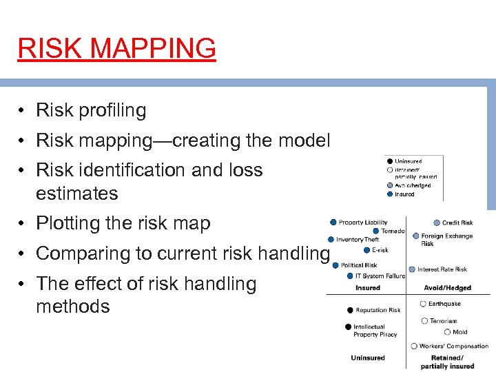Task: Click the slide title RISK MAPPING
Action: point(116,49)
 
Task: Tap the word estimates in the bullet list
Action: point(76,194)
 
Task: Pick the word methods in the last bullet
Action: point(72,307)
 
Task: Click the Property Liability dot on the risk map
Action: point(333,223)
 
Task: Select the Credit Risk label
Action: point(457,223)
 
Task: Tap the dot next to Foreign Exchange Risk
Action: point(415,236)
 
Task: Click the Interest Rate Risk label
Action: point(442,269)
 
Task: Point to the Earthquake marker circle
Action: point(422,304)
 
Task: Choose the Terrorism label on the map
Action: point(443,321)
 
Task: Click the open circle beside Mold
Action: point(447,332)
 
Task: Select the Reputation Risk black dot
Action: point(350,310)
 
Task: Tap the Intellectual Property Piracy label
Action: point(375,331)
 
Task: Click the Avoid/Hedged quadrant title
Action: point(448,288)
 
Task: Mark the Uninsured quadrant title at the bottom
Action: point(367,358)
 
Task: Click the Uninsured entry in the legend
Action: point(409,162)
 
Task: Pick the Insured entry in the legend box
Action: point(404,194)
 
